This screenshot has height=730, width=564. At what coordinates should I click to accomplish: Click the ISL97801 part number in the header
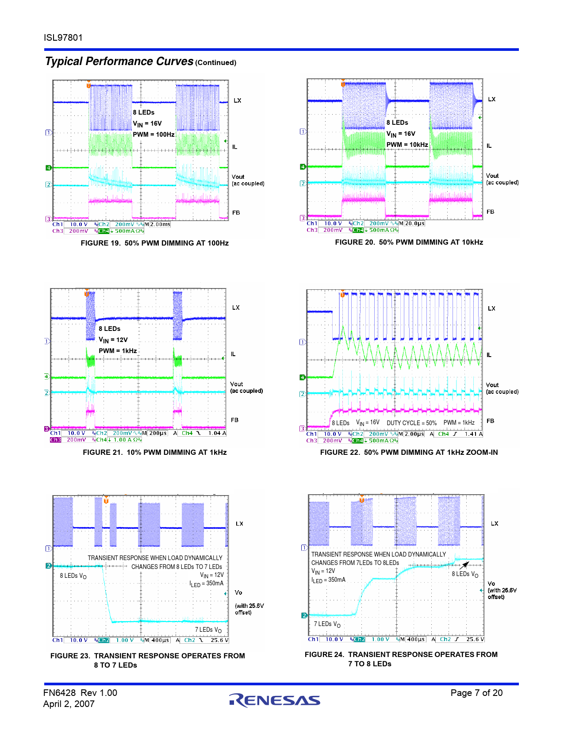pos(63,38)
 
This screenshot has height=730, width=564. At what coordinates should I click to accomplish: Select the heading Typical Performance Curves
pos(119,61)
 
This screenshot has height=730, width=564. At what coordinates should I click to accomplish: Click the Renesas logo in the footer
pos(274,699)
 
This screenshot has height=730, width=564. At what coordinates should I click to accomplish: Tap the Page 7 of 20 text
pos(476,693)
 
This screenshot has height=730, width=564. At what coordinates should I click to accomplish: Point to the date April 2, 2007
pos(69,704)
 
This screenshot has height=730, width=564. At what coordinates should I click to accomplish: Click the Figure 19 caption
pos(154,243)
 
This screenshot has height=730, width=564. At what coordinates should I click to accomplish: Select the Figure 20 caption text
pos(409,242)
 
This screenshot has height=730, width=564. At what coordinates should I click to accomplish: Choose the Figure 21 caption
pos(154,452)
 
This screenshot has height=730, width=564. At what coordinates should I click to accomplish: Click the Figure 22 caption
pos(409,452)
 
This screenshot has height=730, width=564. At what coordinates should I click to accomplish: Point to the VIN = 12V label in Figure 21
pos(113,340)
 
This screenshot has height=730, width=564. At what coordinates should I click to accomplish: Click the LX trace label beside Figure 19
pos(238,100)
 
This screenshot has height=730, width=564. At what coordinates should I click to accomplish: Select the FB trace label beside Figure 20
pos(490,212)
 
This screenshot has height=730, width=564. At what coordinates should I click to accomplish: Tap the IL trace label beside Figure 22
pos(489,355)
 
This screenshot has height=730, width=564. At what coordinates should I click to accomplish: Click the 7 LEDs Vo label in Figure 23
pos(208,630)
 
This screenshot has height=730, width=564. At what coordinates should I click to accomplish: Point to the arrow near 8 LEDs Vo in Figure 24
pos(465,565)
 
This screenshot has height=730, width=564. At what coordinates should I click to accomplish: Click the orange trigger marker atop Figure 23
pos(106,500)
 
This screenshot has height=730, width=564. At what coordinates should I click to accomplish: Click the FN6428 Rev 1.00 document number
pos(80,693)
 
